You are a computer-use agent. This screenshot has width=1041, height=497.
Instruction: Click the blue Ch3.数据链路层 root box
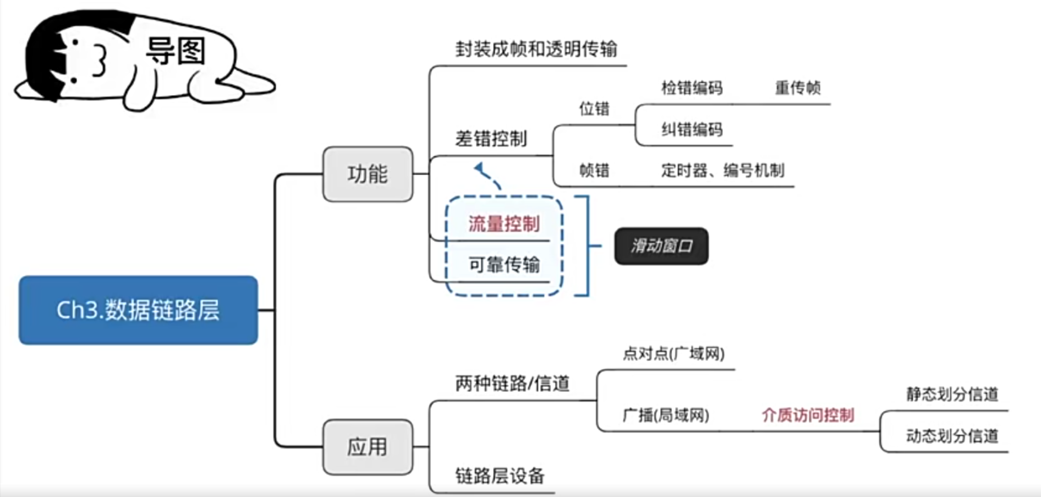point(138,310)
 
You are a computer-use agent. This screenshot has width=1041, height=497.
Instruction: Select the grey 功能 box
point(368,174)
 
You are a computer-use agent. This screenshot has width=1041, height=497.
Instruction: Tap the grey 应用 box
point(368,447)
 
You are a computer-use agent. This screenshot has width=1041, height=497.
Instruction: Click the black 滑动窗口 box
point(661,246)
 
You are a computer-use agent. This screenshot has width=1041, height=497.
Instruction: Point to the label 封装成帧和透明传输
point(536,49)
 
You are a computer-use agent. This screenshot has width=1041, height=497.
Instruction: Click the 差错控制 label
point(491,139)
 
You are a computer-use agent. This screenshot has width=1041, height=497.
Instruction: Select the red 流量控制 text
point(504,224)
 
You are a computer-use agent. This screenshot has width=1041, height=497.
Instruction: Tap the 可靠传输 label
point(504,265)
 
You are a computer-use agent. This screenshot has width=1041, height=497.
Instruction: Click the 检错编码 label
point(692,88)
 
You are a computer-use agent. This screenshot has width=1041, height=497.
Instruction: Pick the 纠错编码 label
point(692,129)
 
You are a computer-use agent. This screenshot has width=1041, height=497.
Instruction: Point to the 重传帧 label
point(798,88)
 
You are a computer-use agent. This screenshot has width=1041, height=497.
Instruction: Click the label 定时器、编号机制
point(722,171)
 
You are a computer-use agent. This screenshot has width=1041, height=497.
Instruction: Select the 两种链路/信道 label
point(512,383)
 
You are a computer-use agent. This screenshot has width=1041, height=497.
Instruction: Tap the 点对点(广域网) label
point(673,353)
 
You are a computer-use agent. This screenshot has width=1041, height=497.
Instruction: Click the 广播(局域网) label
point(666,414)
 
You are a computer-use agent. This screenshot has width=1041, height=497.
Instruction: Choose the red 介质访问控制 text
point(808,415)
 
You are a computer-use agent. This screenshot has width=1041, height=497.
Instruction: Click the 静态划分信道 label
point(952,394)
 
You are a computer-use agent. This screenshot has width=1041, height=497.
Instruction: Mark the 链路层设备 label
point(500,476)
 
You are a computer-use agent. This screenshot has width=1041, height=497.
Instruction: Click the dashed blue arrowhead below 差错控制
point(479,167)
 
